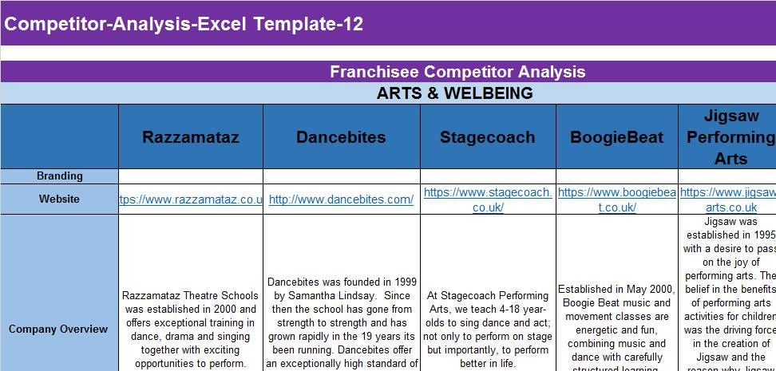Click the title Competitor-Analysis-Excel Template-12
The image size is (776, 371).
(x=184, y=24)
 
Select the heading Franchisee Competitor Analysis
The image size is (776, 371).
(x=457, y=72)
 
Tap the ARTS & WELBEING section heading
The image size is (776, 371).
(x=454, y=93)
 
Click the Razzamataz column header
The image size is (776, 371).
(x=191, y=137)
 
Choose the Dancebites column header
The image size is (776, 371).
(x=341, y=137)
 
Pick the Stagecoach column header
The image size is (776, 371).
(x=487, y=137)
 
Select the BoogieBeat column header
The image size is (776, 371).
(x=616, y=137)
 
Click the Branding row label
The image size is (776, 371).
(x=60, y=176)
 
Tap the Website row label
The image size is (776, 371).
(x=60, y=199)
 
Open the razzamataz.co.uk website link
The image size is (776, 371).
(x=191, y=199)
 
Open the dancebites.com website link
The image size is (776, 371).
(x=341, y=199)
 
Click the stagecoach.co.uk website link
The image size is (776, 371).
(x=488, y=199)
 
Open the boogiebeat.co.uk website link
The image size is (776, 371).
(x=616, y=199)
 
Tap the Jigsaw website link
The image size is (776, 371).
(x=728, y=199)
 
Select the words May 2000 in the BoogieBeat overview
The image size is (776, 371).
(x=649, y=290)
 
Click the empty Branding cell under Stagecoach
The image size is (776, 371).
(x=488, y=176)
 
